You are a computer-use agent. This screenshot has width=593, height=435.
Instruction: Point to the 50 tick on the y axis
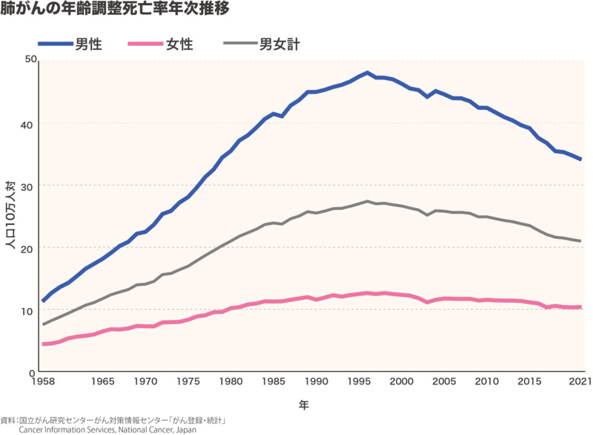click(x=30, y=59)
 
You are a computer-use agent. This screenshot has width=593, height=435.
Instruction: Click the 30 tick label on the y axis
click(x=30, y=185)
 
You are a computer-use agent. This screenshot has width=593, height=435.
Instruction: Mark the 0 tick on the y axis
click(x=33, y=373)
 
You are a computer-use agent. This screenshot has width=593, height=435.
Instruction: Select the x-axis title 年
click(x=304, y=405)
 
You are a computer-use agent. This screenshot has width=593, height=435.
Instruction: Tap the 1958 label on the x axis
click(x=43, y=382)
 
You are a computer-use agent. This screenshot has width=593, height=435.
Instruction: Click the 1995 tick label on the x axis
click(x=360, y=382)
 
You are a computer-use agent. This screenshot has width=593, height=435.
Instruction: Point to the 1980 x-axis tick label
click(x=231, y=382)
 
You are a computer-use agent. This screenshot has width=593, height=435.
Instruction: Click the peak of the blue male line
click(x=366, y=73)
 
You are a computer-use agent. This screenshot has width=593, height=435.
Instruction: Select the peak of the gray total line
click(x=366, y=201)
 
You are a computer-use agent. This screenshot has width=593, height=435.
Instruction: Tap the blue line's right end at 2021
click(x=581, y=160)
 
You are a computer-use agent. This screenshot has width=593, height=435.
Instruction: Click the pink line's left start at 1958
click(x=44, y=344)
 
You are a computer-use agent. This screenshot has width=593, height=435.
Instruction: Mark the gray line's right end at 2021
click(x=581, y=241)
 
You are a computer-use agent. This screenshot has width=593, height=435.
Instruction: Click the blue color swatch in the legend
click(x=53, y=45)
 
